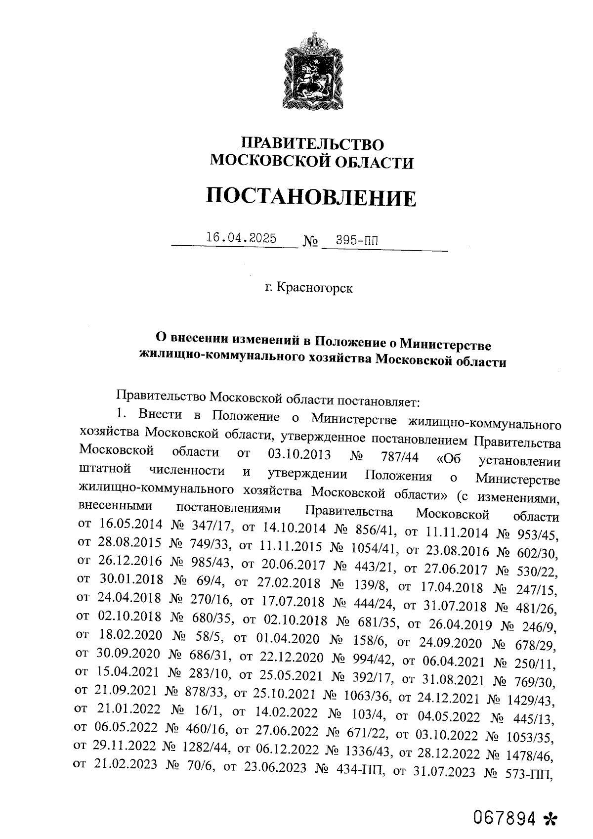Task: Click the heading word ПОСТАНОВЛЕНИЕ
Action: [x=311, y=198]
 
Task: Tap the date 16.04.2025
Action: [x=241, y=238]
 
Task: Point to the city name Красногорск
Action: [x=314, y=288]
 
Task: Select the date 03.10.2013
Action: [x=299, y=454]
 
